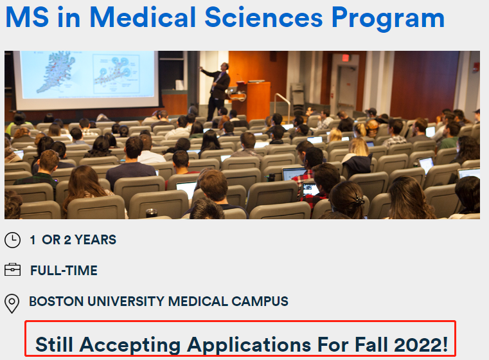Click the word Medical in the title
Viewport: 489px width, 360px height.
coord(143,17)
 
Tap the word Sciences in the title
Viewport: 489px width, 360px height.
coord(263,17)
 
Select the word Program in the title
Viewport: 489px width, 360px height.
coord(388,19)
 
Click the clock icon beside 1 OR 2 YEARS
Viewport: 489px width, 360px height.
coord(12,240)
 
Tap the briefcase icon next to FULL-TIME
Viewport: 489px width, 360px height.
coord(12,270)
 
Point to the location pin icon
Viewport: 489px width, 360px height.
coord(12,303)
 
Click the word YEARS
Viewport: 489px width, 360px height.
coord(96,240)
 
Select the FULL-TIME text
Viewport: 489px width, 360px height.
coord(64,271)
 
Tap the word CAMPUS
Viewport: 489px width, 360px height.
coord(260,301)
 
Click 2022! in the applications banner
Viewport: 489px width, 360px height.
coord(421,345)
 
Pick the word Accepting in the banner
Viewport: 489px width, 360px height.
coord(130,346)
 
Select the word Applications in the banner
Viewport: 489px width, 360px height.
coord(249,346)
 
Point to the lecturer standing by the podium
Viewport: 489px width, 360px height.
coord(217,91)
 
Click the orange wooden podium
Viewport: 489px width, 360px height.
coord(256,100)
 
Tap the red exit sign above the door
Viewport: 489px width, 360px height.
coord(345,58)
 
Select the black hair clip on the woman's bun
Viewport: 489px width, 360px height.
coord(359,199)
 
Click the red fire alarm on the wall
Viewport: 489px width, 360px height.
coord(476,67)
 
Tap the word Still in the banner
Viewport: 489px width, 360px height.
coord(54,345)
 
